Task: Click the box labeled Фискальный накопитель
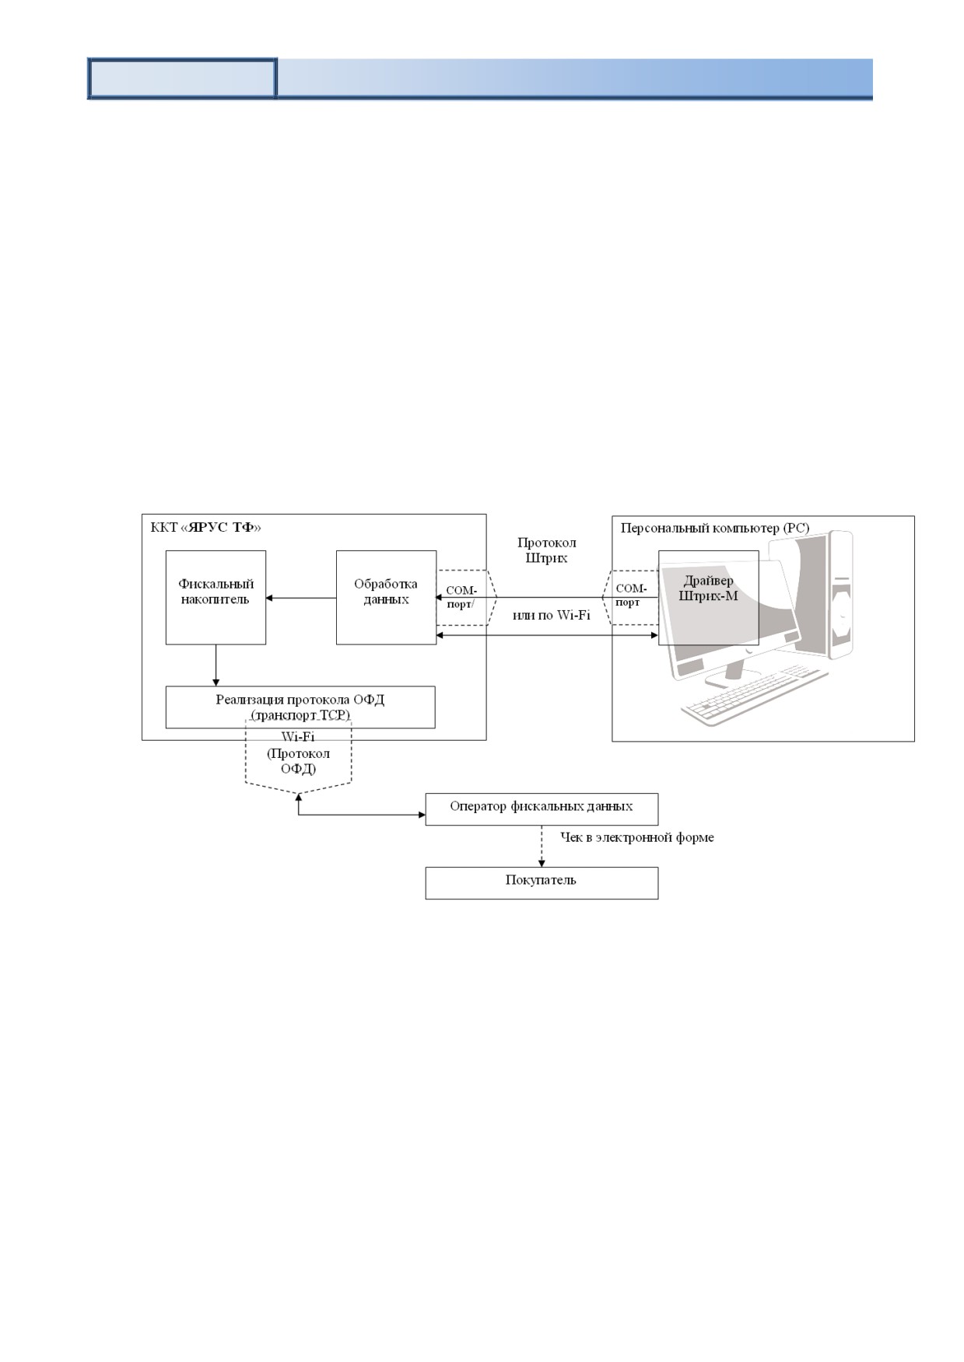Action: (216, 597)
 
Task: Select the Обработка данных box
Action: (386, 597)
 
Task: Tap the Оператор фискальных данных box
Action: (542, 808)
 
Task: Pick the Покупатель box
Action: (542, 883)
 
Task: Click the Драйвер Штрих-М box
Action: (709, 597)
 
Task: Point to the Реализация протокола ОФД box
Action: (300, 707)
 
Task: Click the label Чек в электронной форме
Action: (637, 837)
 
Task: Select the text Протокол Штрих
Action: (547, 550)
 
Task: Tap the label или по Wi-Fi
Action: (551, 615)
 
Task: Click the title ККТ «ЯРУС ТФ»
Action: (205, 527)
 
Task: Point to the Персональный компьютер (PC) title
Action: (715, 528)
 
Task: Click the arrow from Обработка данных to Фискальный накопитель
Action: (301, 598)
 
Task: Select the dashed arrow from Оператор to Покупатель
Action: (542, 846)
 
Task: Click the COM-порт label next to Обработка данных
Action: (461, 597)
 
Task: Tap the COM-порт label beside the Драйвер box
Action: (631, 595)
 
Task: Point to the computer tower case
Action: (830, 595)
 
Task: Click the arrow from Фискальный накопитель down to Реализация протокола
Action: (216, 665)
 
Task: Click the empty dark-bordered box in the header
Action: (183, 79)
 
